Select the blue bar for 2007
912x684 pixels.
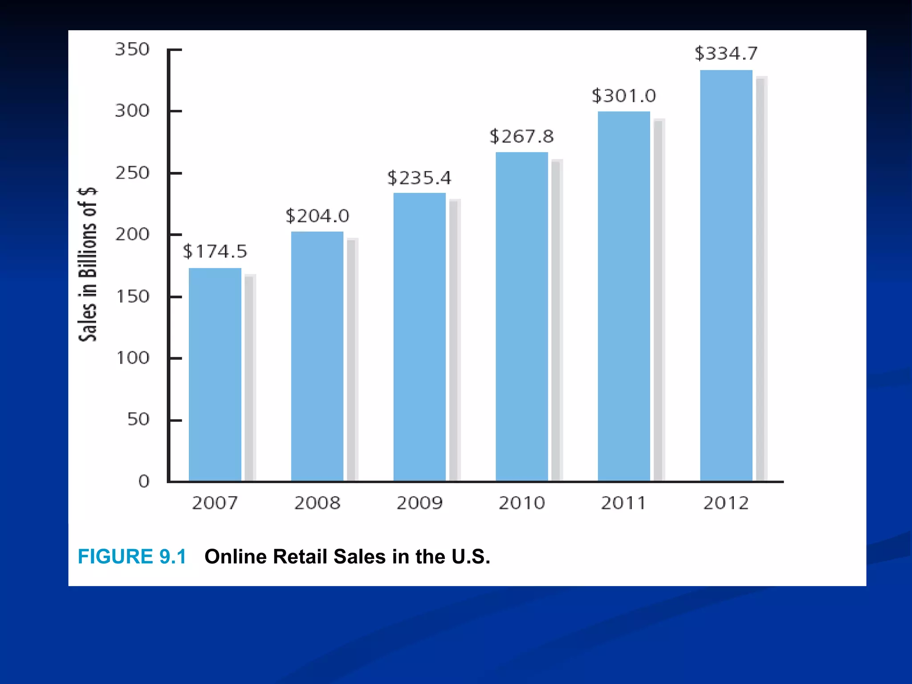(215, 374)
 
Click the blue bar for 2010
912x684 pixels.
(521, 316)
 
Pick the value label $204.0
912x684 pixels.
(317, 216)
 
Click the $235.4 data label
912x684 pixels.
(419, 178)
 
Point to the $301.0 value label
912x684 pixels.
(623, 96)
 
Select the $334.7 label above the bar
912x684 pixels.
(726, 54)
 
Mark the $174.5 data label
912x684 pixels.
(215, 252)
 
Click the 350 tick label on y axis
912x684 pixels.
(132, 49)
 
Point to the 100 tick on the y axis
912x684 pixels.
(132, 358)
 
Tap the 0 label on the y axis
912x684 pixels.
(143, 481)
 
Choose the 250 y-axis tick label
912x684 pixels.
(132, 173)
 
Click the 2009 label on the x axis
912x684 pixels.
(419, 503)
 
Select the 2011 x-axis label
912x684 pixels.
(623, 503)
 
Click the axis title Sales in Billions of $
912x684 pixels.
(88, 265)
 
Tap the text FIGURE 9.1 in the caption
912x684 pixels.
(132, 557)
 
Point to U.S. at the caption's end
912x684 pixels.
(471, 557)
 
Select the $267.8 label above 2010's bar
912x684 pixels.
(521, 137)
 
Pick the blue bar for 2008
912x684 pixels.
(317, 356)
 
